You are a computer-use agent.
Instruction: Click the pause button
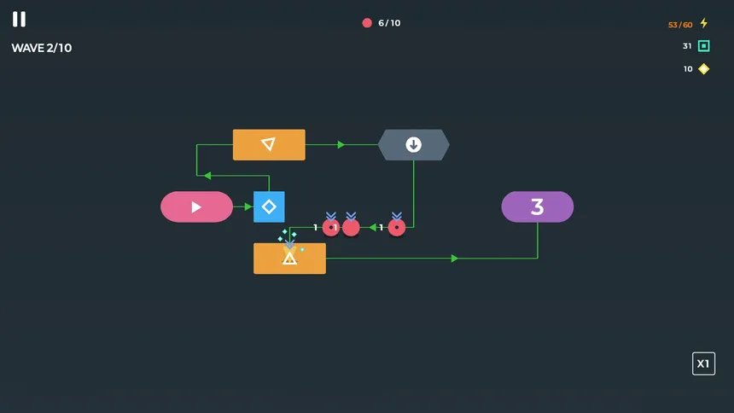[19, 19]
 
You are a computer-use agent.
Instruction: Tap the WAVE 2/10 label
[41, 48]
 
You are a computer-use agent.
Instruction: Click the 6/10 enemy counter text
[389, 23]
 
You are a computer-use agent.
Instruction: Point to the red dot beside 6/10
[367, 23]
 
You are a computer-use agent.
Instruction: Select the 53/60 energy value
[680, 25]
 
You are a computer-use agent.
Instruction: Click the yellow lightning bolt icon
[704, 24]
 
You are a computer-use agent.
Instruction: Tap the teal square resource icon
[704, 46]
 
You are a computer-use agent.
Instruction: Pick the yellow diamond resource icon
[704, 69]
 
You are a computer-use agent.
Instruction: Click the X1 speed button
[703, 364]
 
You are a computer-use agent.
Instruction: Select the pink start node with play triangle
[196, 206]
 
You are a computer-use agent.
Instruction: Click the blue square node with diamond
[269, 206]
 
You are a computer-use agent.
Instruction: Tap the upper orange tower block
[269, 145]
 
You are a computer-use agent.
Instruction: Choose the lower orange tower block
[289, 259]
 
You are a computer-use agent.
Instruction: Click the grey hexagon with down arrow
[414, 145]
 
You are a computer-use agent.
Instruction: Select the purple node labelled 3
[537, 206]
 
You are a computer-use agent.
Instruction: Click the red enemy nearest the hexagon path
[397, 228]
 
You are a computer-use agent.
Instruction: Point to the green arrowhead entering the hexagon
[341, 145]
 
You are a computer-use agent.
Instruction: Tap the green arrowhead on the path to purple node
[455, 259]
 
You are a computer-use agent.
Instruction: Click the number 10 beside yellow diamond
[688, 69]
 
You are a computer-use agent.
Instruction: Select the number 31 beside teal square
[687, 46]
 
